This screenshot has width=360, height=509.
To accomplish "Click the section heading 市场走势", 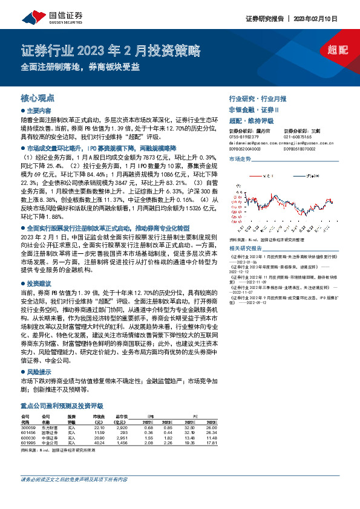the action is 240,158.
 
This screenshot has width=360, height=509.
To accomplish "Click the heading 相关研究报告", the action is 246,248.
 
